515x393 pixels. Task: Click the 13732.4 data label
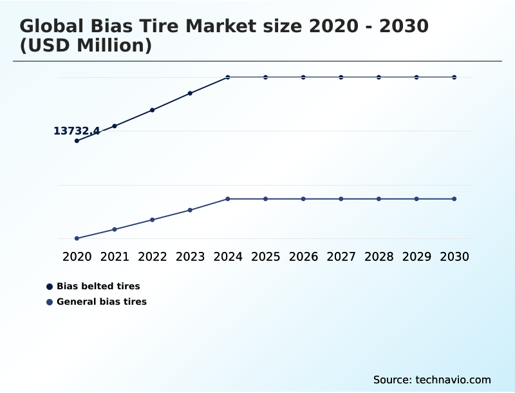coord(76,131)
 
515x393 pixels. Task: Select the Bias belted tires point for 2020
coord(77,140)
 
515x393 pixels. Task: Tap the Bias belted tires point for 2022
coord(153,110)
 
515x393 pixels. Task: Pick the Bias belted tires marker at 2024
coord(228,77)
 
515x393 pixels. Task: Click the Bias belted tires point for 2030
coord(454,77)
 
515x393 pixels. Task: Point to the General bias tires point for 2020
coord(77,238)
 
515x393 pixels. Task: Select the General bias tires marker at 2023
coord(190,210)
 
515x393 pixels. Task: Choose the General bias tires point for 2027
coord(341,198)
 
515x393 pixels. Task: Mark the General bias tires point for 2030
coord(454,198)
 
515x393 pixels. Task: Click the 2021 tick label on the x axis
coord(115,256)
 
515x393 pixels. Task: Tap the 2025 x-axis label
coord(265,256)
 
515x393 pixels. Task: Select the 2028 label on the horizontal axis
coord(379,256)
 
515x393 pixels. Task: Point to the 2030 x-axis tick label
coord(454,256)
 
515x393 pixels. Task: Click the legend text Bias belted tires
coord(98,286)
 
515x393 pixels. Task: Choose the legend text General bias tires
coord(102,302)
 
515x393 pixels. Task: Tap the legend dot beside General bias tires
coord(50,302)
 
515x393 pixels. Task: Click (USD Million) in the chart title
coord(86,46)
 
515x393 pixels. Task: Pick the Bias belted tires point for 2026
coord(303,77)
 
